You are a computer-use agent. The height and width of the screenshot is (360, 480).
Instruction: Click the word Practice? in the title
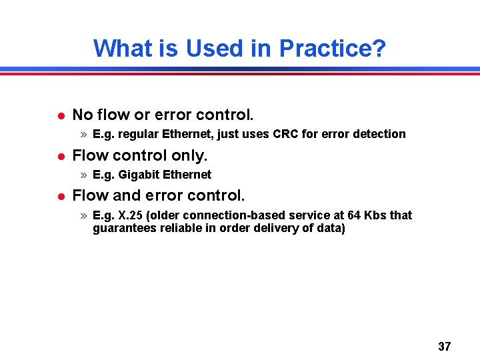click(332, 48)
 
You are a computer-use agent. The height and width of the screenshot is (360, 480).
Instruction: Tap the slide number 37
click(444, 346)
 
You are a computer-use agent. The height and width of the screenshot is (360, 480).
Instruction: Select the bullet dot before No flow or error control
click(59, 115)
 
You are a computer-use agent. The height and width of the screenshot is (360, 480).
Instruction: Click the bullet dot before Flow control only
click(59, 156)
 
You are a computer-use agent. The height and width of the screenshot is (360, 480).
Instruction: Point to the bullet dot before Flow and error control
click(59, 196)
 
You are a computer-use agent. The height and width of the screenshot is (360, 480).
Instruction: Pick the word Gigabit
click(139, 175)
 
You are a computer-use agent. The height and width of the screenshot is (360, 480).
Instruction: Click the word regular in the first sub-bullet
click(139, 134)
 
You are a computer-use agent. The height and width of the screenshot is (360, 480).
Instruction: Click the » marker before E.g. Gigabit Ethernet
click(83, 175)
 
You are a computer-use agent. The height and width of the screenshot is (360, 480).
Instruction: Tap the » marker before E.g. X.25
click(83, 215)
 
